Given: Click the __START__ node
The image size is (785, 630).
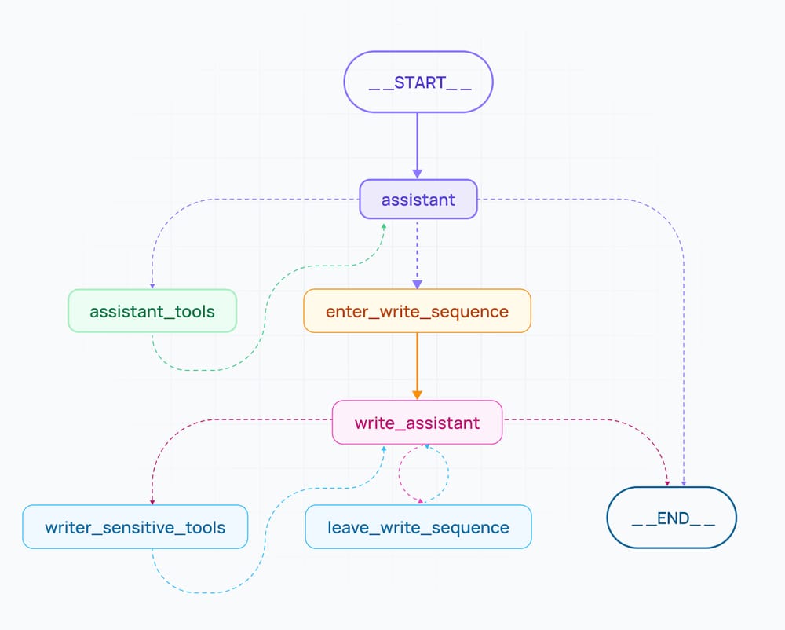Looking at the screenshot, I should (418, 82).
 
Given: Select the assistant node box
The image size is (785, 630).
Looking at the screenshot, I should (418, 200).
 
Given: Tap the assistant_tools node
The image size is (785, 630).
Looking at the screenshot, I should (152, 311).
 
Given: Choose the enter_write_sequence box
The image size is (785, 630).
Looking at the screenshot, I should (418, 311).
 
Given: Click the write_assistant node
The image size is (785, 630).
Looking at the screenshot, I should (417, 423).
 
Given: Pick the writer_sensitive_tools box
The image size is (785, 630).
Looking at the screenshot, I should (135, 527).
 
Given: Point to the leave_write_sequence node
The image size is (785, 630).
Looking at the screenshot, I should (418, 527).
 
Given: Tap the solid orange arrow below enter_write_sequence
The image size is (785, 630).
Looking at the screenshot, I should (418, 365).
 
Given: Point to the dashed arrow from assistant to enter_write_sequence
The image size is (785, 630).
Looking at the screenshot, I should (418, 251).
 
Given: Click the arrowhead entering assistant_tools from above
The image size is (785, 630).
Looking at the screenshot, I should (152, 286).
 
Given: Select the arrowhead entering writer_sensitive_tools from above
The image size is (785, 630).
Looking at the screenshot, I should (152, 501).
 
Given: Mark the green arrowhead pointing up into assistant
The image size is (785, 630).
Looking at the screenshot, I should (385, 226).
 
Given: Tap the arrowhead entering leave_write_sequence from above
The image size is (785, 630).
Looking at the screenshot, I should (422, 500).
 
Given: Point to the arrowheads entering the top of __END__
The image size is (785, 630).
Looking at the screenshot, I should (675, 482).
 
